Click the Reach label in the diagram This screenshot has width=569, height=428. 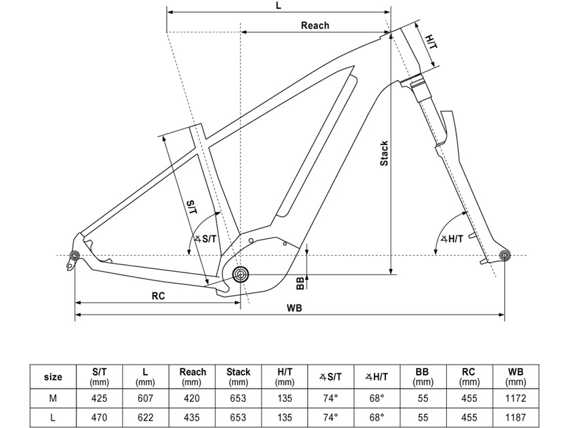315,25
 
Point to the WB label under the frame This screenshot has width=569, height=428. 295,308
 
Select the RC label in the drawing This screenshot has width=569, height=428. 158,295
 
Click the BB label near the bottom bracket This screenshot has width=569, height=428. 301,282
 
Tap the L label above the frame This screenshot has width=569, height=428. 278,5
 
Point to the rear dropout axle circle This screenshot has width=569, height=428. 75,255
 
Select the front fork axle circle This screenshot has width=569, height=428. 504,254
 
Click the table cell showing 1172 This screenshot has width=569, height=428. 516,398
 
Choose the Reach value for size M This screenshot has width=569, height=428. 192,398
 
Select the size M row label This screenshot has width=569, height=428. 53,398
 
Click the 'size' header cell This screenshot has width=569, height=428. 53,377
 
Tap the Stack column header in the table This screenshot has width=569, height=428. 238,377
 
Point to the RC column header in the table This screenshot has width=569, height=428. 469,377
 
